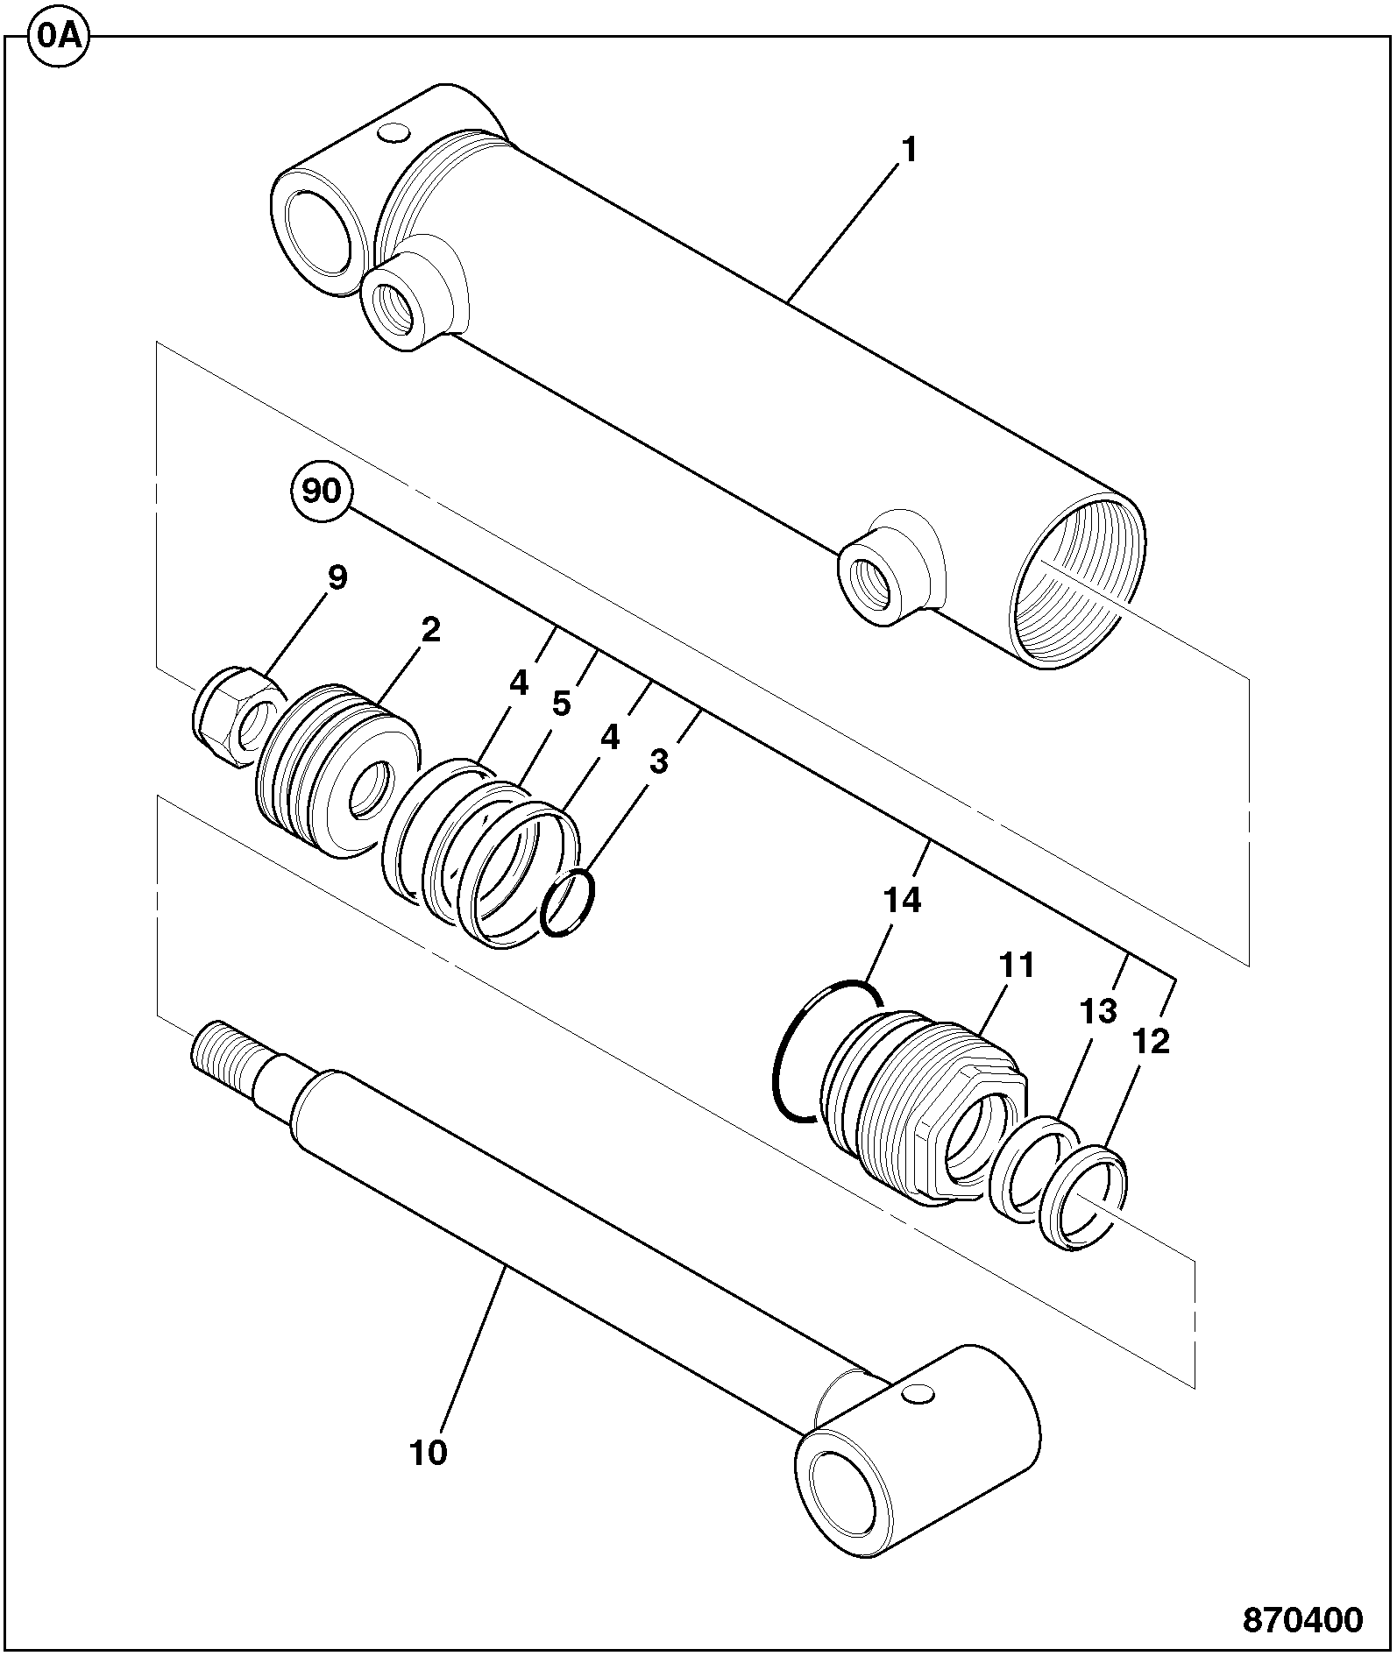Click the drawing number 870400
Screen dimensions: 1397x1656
coord(1302,1619)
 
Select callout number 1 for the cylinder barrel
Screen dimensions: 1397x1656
coord(910,152)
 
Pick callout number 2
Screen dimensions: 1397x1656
coord(430,630)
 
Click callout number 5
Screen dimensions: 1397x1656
coord(561,704)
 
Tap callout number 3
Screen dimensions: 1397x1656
coord(658,761)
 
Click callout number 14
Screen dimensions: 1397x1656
coord(903,900)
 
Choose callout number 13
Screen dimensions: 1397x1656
coord(1099,1011)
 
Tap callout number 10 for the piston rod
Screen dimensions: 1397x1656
coord(429,1453)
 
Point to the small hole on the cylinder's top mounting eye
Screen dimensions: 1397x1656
coord(393,133)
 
